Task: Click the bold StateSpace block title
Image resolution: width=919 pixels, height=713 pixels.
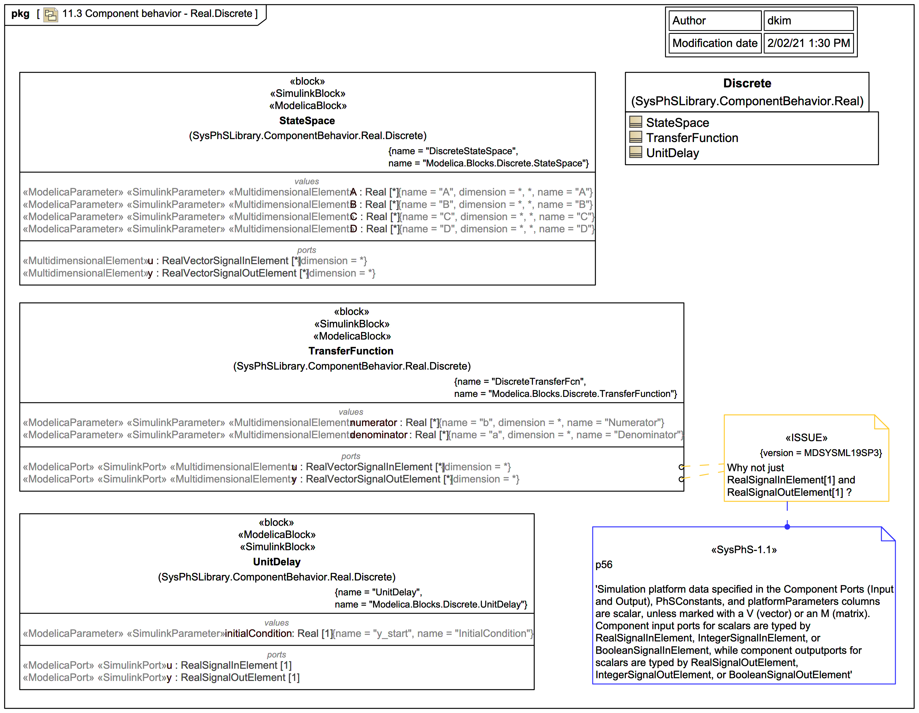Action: coord(307,121)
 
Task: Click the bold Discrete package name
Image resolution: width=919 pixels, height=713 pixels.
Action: coord(747,83)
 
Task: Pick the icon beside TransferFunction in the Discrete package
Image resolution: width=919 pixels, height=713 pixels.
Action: coord(635,137)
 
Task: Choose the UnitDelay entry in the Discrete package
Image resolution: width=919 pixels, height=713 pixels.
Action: coord(672,153)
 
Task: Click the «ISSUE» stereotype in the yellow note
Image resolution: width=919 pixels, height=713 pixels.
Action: coord(806,438)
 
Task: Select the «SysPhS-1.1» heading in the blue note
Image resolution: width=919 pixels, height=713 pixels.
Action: coord(744,550)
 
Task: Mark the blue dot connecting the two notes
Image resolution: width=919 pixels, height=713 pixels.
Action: coord(787,527)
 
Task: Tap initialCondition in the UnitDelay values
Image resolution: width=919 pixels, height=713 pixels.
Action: coord(258,634)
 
